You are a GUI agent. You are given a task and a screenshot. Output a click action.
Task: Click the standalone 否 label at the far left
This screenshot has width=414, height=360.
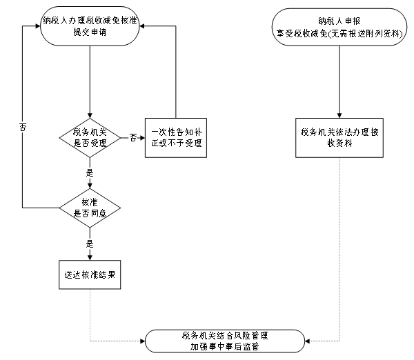click(x=23, y=127)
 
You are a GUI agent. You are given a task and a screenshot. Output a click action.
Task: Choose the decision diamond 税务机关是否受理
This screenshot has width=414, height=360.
click(x=90, y=137)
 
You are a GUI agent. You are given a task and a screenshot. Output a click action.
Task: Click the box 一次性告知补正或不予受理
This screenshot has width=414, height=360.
click(x=175, y=137)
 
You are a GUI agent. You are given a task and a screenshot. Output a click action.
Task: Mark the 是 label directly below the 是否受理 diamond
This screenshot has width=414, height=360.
click(x=90, y=173)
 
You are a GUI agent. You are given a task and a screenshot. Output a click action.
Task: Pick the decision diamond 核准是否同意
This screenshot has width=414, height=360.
click(x=90, y=208)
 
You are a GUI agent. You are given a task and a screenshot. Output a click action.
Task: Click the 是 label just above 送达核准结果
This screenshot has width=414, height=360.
click(x=90, y=243)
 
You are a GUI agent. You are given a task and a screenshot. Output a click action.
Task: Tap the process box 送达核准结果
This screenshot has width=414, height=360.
click(x=90, y=274)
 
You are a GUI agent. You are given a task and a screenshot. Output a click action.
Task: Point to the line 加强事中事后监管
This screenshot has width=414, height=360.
click(x=225, y=347)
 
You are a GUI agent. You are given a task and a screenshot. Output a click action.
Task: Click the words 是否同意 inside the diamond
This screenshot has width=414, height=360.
click(x=90, y=214)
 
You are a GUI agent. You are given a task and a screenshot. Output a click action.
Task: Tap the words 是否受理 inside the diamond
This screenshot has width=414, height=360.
click(x=90, y=143)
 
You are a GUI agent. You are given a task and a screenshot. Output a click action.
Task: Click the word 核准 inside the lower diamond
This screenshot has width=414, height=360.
click(x=90, y=201)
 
